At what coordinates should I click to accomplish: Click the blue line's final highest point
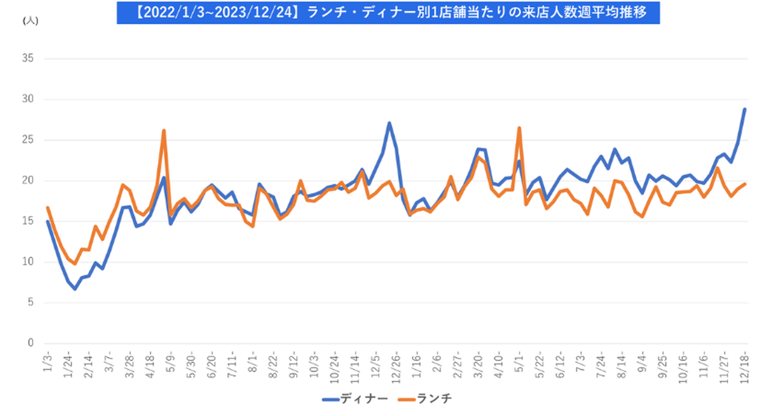click(x=745, y=109)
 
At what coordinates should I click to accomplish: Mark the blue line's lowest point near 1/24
click(x=75, y=289)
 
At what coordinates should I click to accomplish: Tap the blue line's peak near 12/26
click(x=389, y=123)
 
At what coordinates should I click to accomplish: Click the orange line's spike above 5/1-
click(x=519, y=128)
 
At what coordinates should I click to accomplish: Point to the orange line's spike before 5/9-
click(x=164, y=130)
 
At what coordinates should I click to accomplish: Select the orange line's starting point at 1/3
click(x=48, y=207)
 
